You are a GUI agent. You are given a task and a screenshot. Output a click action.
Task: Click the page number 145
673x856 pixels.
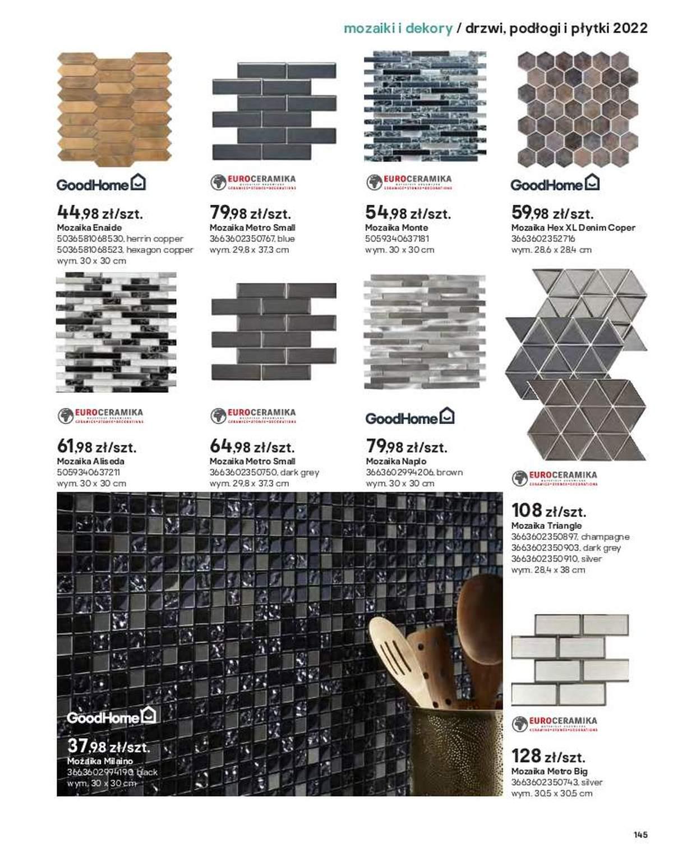click(x=640, y=834)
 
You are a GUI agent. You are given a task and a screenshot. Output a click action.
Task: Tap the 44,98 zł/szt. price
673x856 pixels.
click(x=100, y=213)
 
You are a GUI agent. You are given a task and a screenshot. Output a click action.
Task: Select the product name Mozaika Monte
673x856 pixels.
click(x=396, y=228)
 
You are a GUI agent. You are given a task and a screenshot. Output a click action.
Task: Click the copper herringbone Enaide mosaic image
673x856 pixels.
click(x=114, y=110)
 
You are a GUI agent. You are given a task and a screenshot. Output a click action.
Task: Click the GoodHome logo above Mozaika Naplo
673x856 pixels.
click(x=409, y=417)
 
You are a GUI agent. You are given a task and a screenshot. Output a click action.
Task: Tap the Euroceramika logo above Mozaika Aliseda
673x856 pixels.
click(x=100, y=416)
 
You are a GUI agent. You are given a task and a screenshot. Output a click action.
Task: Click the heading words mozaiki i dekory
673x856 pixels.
click(x=398, y=28)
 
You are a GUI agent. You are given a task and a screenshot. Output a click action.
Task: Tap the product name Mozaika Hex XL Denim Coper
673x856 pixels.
click(x=573, y=228)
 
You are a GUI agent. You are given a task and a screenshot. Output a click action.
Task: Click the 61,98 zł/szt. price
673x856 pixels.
click(x=96, y=447)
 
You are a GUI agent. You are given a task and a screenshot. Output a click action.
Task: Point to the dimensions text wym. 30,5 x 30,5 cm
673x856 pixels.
click(x=551, y=793)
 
